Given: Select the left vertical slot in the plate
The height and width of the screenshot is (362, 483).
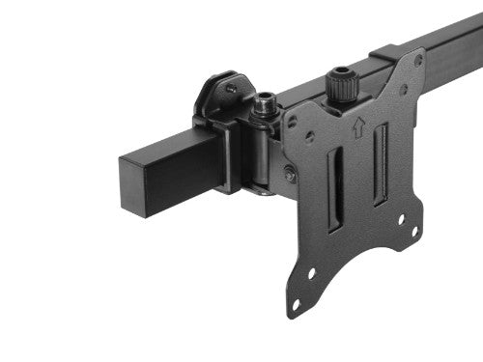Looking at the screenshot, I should pos(334,189).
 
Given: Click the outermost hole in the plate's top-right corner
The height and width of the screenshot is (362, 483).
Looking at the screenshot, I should pos(417,60).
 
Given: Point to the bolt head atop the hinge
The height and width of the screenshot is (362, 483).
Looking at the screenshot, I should pos(262,98).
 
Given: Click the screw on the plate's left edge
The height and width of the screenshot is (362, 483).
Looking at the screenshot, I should pos(289,173).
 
